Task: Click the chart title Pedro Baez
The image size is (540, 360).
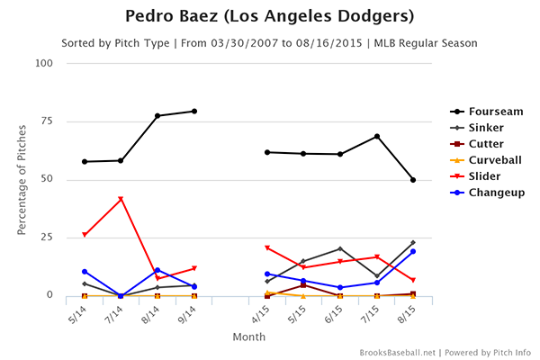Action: pos(269,17)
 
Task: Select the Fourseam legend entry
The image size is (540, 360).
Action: pos(487,112)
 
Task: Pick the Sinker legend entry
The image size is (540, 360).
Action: pos(481,128)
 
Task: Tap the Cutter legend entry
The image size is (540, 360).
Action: pos(481,144)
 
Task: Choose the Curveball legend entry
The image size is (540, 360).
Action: pos(487,160)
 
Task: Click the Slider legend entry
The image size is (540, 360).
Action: pos(480,176)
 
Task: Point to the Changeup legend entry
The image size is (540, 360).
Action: pos(488,193)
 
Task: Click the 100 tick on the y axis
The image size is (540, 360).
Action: pos(44,63)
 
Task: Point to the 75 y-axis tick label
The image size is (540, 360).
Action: pos(47,121)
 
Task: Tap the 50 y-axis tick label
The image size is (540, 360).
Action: pos(47,179)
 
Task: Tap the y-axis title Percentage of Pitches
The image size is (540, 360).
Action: pos(21,179)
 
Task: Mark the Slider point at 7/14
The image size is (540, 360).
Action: pos(121,199)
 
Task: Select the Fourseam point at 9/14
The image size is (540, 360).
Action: pos(194,112)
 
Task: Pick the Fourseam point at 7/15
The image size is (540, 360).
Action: pos(377,137)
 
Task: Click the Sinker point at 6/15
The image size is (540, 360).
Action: pos(340,248)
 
